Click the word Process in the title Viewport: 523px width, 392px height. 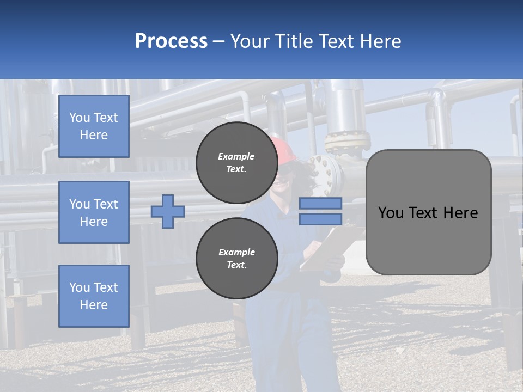[x=171, y=41]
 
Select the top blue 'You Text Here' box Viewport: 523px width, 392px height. [x=94, y=126]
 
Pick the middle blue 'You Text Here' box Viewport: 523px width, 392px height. [x=94, y=212]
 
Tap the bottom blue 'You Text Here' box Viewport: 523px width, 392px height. [x=94, y=296]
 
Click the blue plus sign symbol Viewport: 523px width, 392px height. [x=168, y=211]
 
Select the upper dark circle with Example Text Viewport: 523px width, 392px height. [x=236, y=163]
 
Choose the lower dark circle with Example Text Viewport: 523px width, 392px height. [x=236, y=258]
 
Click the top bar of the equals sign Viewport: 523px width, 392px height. [x=320, y=203]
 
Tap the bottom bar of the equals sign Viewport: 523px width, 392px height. [x=320, y=219]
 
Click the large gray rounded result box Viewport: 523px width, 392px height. [x=428, y=212]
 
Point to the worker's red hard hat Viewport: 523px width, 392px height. [x=284, y=149]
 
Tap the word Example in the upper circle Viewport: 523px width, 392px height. [x=236, y=156]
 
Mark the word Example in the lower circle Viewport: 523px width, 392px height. [x=236, y=252]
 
